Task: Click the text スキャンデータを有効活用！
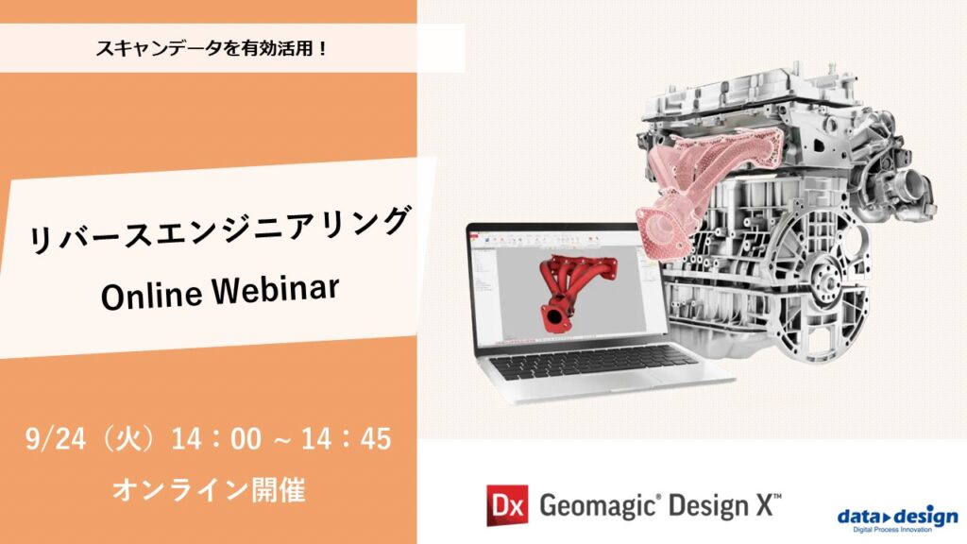click(x=212, y=47)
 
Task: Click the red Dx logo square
click(x=506, y=504)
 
